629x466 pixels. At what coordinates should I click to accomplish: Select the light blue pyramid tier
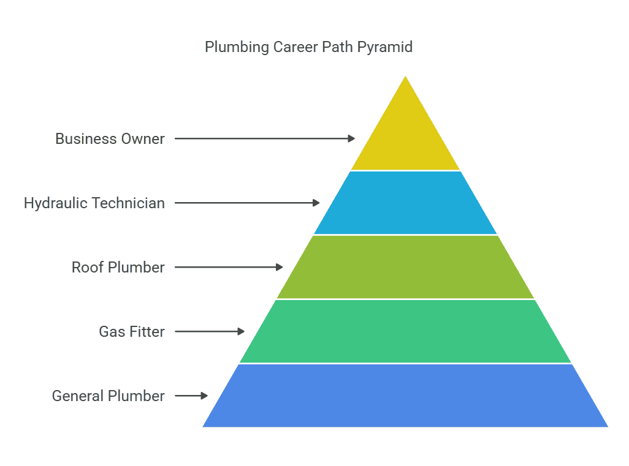click(x=405, y=203)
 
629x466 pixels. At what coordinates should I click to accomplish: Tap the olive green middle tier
click(x=405, y=267)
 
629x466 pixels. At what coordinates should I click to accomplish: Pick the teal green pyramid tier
click(x=405, y=331)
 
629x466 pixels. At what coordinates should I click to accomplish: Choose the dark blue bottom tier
click(x=405, y=396)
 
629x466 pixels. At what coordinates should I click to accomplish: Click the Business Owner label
click(x=110, y=139)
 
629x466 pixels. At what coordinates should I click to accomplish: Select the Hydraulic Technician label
click(x=94, y=203)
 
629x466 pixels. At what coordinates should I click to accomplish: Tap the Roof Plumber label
click(x=118, y=268)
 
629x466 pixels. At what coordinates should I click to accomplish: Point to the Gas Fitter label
click(x=132, y=332)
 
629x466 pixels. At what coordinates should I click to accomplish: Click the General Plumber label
click(x=109, y=396)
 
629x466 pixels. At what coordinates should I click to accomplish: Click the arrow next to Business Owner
click(x=264, y=138)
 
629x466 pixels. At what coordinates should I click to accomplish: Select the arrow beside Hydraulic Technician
click(x=247, y=203)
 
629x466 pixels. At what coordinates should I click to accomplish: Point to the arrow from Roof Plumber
click(x=229, y=267)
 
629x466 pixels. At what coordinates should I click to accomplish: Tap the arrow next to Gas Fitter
click(x=210, y=331)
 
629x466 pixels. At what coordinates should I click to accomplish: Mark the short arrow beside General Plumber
click(x=191, y=396)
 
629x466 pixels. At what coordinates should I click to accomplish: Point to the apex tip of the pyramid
click(x=405, y=77)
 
